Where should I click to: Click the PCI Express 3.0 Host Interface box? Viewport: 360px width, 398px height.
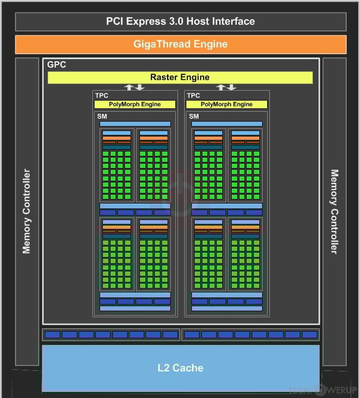pyautogui.click(x=180, y=22)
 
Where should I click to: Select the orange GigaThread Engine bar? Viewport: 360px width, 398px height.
pyautogui.click(x=180, y=44)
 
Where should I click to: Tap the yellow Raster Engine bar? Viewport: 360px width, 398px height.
pyautogui.click(x=180, y=77)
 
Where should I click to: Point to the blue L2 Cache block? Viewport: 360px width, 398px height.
pyautogui.click(x=180, y=368)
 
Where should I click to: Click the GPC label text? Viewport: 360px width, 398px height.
pyautogui.click(x=56, y=65)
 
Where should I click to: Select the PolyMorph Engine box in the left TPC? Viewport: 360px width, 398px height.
pyautogui.click(x=135, y=104)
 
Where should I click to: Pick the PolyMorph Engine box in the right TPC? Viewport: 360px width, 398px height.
pyautogui.click(x=227, y=104)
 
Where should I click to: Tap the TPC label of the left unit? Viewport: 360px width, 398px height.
pyautogui.click(x=102, y=96)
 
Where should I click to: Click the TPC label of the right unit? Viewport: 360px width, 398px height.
pyautogui.click(x=194, y=96)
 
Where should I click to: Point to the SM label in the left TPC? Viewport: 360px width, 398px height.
pyautogui.click(x=102, y=117)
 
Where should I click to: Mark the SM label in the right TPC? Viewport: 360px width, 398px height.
pyautogui.click(x=194, y=117)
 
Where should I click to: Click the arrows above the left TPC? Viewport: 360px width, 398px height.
pyautogui.click(x=134, y=87)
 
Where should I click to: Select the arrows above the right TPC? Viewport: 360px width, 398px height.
pyautogui.click(x=227, y=87)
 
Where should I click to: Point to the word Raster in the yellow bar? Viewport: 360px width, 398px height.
pyautogui.click(x=164, y=77)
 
